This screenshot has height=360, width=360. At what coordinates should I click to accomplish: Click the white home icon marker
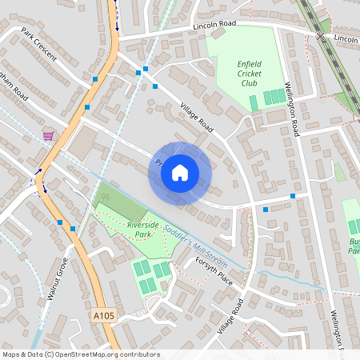pyautogui.click(x=180, y=172)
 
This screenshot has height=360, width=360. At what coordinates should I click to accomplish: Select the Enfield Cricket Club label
pyautogui.click(x=249, y=74)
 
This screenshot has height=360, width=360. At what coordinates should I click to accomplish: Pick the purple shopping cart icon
pyautogui.click(x=48, y=135)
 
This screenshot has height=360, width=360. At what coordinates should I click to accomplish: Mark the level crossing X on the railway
pyautogui.click(x=319, y=37)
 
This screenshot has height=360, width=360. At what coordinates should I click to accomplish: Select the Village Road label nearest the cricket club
pyautogui.click(x=197, y=118)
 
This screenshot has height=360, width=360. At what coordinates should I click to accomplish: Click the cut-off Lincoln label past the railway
pyautogui.click(x=346, y=38)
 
